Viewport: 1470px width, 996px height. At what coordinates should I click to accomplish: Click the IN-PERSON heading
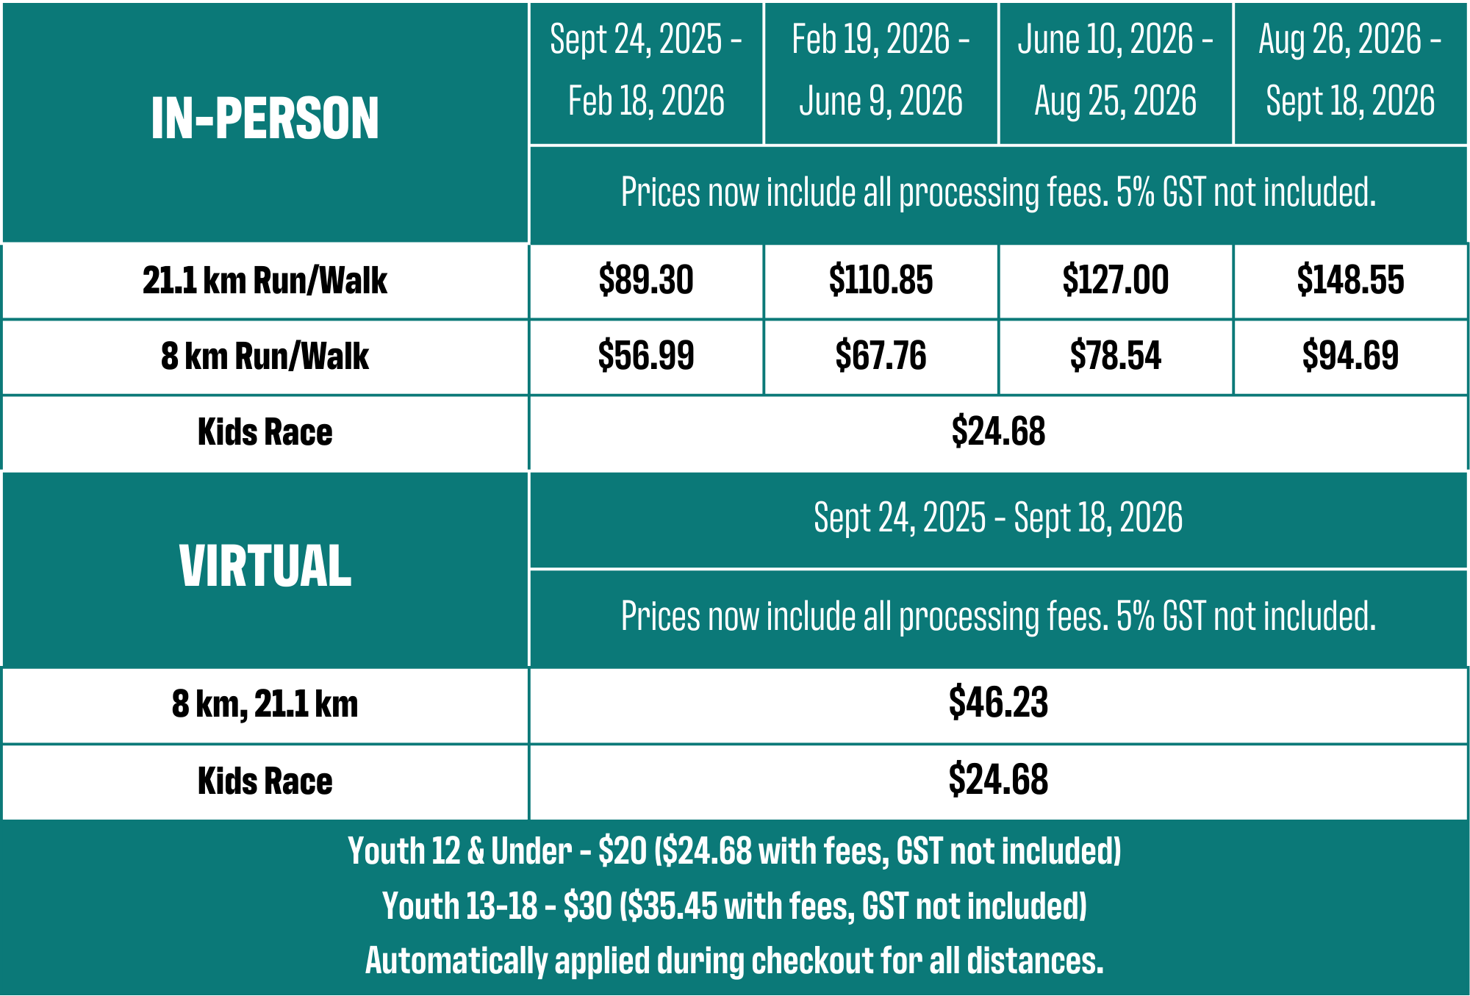coord(265,119)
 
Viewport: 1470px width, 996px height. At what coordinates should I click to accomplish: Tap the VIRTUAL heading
coord(265,566)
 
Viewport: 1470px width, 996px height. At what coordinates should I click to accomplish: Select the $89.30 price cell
coord(645,280)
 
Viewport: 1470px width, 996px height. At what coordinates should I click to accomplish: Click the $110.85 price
coord(881,280)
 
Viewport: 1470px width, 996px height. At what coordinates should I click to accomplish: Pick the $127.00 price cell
coord(1115,280)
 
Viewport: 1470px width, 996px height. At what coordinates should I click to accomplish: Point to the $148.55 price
coord(1350,280)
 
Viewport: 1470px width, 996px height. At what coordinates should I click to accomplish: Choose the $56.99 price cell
coord(645,356)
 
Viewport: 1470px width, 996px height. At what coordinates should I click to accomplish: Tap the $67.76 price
coord(881,356)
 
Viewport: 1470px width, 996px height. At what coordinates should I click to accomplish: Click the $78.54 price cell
coord(1115,356)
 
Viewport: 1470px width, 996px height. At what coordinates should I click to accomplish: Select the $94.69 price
coord(1350,356)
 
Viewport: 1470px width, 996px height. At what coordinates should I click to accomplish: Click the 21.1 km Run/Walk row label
coord(265,280)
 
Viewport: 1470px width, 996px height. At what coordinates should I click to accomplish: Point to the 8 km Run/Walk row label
coord(265,356)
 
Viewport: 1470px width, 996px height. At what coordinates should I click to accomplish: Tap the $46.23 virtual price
coord(998,703)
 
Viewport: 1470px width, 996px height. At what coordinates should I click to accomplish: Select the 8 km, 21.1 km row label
coord(265,703)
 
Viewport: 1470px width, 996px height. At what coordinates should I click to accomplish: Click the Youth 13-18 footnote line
coord(734,906)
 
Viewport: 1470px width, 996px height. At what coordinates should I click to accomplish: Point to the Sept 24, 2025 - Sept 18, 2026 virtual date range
coord(998,517)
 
